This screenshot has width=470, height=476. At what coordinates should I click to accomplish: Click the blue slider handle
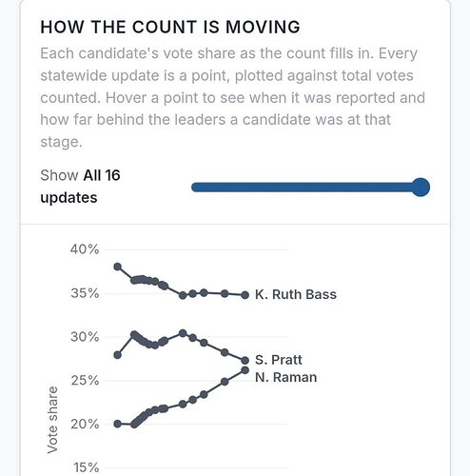(421, 188)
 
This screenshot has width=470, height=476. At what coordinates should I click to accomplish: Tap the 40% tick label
(85, 249)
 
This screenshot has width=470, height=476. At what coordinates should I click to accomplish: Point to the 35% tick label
(85, 293)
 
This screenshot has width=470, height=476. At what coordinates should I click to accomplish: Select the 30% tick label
(85, 337)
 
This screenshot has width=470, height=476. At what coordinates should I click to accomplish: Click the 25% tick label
(85, 380)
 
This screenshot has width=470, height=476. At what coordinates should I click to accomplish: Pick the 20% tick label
(85, 424)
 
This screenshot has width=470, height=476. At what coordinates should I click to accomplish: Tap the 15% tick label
(87, 467)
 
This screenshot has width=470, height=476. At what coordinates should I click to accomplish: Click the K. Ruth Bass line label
(296, 294)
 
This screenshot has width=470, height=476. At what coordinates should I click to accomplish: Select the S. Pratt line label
(279, 360)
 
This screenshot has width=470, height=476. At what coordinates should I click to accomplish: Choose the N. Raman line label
(285, 377)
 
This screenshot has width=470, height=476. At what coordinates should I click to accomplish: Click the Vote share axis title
(52, 420)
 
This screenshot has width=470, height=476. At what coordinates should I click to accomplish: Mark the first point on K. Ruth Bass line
(118, 267)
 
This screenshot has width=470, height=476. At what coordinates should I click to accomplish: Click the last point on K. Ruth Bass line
(245, 295)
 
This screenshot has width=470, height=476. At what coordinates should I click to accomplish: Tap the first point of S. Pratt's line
(117, 355)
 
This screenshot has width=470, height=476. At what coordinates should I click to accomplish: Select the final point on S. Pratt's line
(245, 360)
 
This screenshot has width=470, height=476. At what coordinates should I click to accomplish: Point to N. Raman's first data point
(117, 424)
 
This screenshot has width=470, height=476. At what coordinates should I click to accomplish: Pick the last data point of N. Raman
(245, 370)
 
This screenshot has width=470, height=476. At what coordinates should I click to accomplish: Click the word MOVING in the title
(263, 27)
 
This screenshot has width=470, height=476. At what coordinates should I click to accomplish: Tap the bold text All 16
(102, 175)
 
